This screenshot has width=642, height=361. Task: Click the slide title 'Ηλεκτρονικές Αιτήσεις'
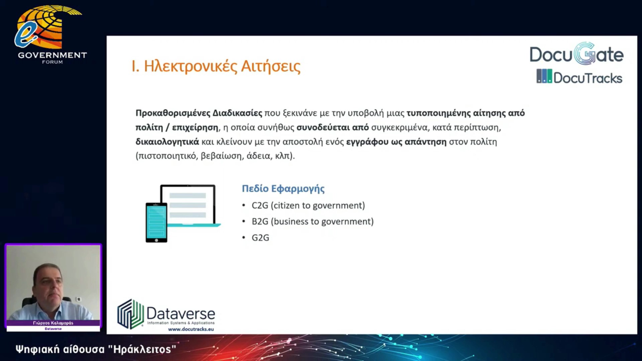[x=222, y=66]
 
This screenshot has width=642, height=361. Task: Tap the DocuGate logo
[x=576, y=54]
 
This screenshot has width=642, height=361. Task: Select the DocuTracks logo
[x=579, y=77]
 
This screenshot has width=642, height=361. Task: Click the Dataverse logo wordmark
[x=181, y=314]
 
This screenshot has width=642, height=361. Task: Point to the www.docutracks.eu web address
[x=191, y=329]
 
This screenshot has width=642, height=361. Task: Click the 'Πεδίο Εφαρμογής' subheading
[x=283, y=189]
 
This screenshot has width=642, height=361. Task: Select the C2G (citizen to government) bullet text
[x=308, y=205]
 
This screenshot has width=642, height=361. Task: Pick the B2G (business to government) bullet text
[x=313, y=221]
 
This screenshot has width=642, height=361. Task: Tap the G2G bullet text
[x=260, y=238]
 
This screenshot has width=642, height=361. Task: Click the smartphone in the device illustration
[x=156, y=222]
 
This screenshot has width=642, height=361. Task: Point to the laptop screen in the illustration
[x=188, y=204]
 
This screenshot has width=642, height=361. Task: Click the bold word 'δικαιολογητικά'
[x=167, y=142]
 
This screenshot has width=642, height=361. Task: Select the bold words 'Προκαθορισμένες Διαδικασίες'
[x=199, y=113]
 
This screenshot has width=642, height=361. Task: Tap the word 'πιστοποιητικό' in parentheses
[x=167, y=156]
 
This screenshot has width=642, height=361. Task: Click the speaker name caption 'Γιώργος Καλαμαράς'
[x=53, y=323]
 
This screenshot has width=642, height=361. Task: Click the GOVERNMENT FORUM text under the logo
[x=52, y=57]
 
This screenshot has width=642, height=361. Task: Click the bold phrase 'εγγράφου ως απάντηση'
[x=396, y=142]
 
